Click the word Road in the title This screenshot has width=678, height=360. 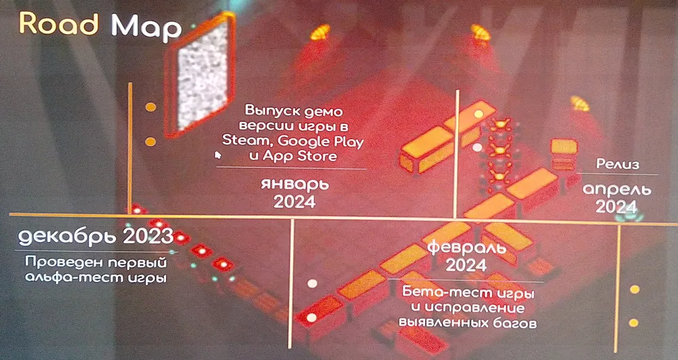click(x=59, y=24)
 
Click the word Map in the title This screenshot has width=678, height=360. click(x=146, y=28)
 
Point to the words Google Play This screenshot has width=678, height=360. click(x=321, y=142)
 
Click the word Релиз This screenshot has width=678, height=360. click(x=618, y=164)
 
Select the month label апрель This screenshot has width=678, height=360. click(x=616, y=190)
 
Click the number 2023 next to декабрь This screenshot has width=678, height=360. click(x=148, y=236)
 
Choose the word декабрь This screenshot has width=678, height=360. click(x=68, y=237)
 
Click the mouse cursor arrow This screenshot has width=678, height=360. click(x=218, y=155)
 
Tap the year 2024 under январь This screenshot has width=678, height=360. click(x=294, y=202)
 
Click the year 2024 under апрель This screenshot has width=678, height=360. click(x=616, y=207)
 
